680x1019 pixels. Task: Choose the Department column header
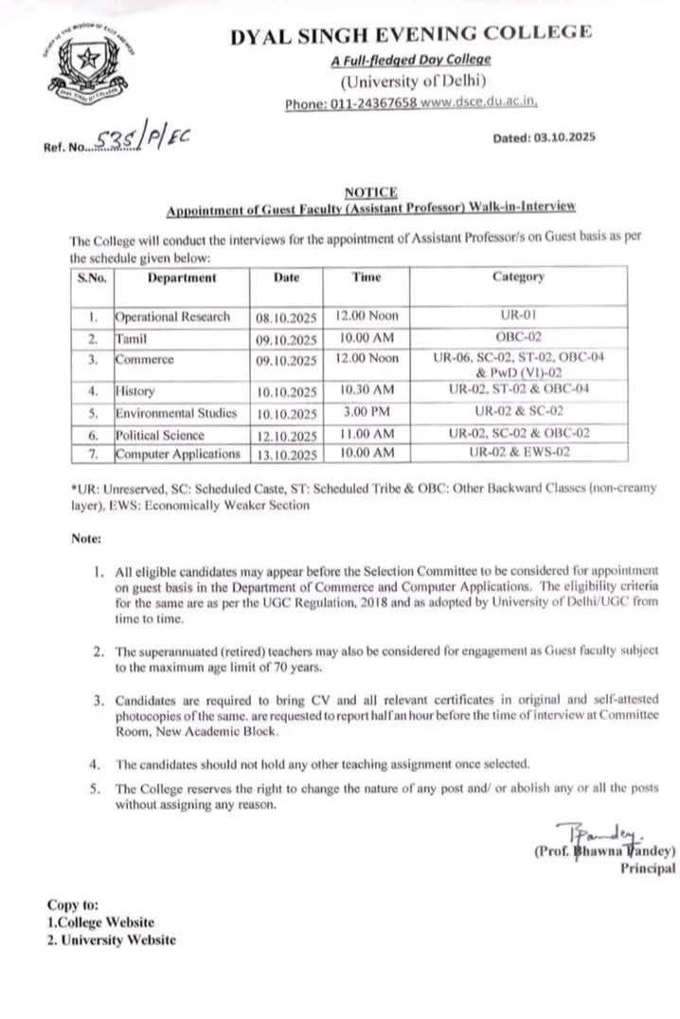point(181,278)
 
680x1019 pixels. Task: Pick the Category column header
point(518,277)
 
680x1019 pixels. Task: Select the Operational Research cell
point(172,317)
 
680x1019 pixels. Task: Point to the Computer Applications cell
point(178,455)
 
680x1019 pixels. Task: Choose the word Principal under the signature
point(648,867)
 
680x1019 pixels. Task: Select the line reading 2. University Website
point(111,939)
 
